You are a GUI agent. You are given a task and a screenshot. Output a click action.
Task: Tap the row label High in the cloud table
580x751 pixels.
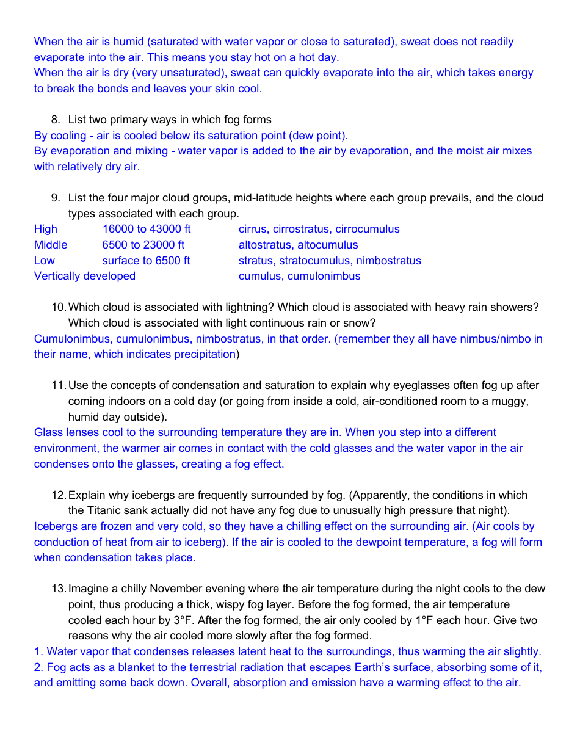pos(46,229)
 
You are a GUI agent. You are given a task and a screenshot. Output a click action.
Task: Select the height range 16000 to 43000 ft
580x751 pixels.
pos(147,229)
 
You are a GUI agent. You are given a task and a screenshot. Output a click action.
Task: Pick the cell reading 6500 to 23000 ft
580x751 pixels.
pos(143,245)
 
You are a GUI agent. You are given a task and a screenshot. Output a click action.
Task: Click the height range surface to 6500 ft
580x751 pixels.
pos(146,261)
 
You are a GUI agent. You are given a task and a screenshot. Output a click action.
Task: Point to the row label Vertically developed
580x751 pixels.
pos(85,276)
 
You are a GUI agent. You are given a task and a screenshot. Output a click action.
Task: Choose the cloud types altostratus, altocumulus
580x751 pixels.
pos(298,245)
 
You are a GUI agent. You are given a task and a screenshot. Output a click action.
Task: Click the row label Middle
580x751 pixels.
pos(51,245)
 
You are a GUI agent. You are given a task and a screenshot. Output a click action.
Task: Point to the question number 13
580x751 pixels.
pos(59,589)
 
